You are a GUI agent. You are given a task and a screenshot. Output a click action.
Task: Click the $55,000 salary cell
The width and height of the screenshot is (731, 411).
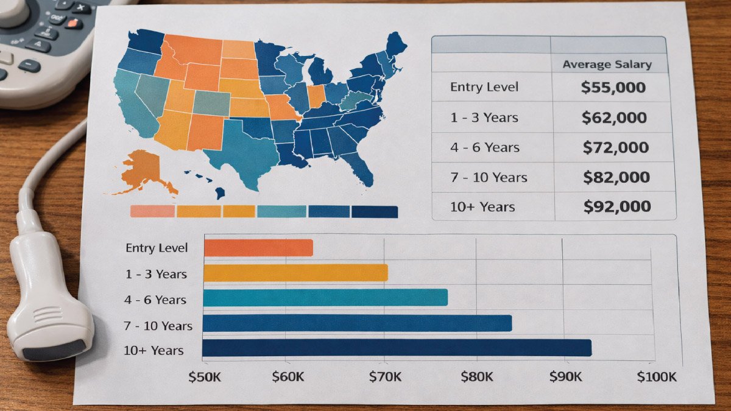613,87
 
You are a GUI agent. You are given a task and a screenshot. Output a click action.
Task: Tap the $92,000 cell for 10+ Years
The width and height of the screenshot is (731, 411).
616,207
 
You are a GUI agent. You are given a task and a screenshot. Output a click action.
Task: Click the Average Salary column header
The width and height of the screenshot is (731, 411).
607,64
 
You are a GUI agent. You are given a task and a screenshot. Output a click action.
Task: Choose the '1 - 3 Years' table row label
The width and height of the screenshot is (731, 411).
485,118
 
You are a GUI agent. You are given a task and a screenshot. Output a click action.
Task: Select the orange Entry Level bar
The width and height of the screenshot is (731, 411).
258,248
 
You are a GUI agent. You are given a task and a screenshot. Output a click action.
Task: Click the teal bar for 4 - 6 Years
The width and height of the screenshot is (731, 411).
325,298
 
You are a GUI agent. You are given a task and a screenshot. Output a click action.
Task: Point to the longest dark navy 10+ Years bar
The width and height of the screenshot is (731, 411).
396,348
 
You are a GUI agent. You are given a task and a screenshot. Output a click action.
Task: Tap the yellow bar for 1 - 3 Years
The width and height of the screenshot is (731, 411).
295,273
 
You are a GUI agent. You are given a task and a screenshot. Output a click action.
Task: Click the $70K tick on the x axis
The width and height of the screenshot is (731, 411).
385,377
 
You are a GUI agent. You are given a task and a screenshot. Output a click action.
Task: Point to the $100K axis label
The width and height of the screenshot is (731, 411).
657,377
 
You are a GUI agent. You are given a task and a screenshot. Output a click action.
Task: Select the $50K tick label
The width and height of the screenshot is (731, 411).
205,377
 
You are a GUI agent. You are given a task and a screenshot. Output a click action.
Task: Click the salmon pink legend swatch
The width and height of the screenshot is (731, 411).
152,211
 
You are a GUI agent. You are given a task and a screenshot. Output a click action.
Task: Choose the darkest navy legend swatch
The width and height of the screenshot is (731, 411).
375,211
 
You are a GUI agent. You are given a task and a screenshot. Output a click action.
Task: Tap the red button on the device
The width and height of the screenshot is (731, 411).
73,24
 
